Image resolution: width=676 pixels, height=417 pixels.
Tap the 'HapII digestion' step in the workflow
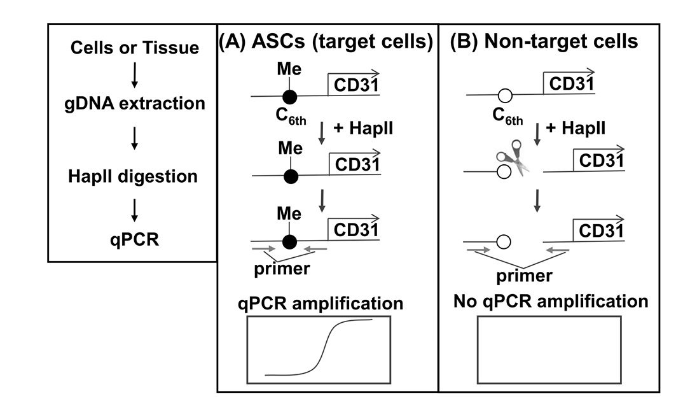tap(134, 175)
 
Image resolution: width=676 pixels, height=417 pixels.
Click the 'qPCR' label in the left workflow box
tap(134, 242)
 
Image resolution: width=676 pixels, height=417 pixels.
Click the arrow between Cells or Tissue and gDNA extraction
tap(134, 75)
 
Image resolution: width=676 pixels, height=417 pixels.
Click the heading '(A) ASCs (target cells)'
tap(326, 42)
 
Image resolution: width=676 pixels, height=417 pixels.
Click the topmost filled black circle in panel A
tap(290, 97)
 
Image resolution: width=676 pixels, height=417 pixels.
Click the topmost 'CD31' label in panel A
tap(353, 84)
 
